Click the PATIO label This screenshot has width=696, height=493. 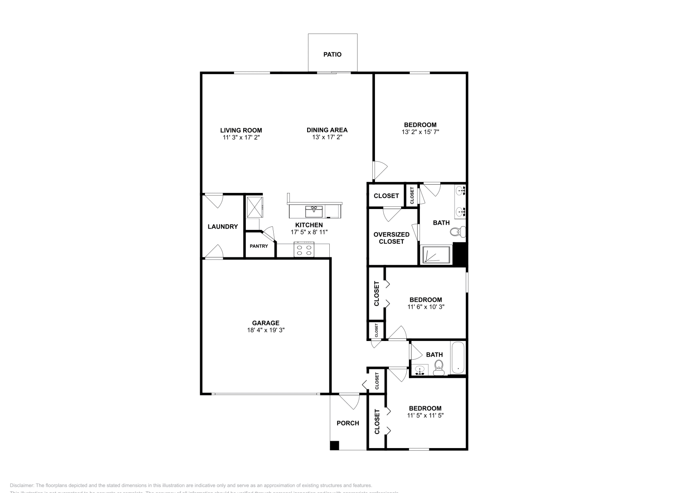point(332,54)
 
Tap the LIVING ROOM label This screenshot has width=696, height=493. point(241,130)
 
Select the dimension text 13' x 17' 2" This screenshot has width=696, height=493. point(327,137)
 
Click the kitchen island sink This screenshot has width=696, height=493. point(314,211)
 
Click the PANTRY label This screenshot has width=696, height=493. point(259,246)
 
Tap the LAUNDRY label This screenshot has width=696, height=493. point(223,226)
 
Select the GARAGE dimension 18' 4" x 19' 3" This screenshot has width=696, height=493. point(266,330)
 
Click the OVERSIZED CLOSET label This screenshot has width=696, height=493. point(391,238)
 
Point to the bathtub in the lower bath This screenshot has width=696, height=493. point(458,358)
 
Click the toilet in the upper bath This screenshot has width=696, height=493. point(457,232)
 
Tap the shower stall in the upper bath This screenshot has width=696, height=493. point(436,255)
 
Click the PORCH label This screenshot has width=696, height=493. point(348,423)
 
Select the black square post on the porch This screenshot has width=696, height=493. point(334,446)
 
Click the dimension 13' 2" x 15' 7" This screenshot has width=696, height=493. point(420,132)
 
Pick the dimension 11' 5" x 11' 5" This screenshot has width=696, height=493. point(425,415)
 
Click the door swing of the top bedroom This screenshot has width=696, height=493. point(379,170)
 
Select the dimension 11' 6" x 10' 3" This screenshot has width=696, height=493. point(426,307)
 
